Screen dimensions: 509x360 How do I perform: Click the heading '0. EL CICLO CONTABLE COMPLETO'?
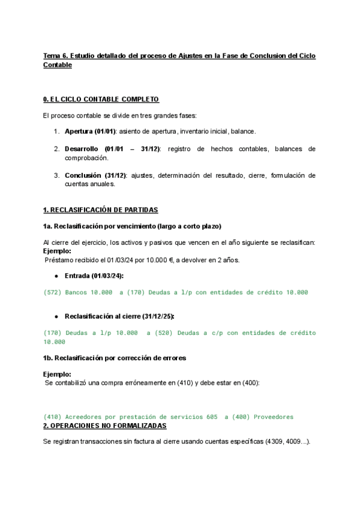pos(101,99)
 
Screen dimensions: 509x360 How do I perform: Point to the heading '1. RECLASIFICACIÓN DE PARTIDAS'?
pos(100,209)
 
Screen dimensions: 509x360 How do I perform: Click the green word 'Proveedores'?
pos(274,417)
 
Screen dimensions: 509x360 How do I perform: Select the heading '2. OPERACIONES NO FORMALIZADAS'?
pos(104,426)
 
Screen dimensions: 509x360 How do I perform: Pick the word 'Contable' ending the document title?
pos(58,65)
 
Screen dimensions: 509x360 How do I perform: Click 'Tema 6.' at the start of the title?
pos(56,56)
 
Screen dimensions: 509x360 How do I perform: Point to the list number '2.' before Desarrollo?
pos(56,148)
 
